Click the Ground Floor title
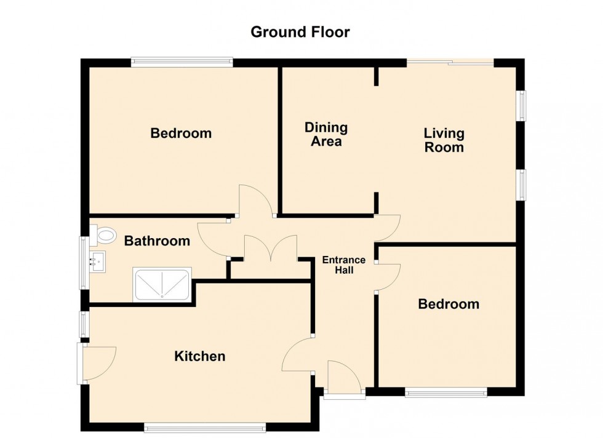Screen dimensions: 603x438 [x=300, y=32]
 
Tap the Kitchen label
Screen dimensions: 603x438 [x=199, y=356]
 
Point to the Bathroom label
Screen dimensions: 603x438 [x=157, y=241]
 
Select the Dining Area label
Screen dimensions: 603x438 [x=326, y=134]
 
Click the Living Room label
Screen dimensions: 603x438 [x=444, y=140]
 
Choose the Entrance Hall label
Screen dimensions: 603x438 [x=344, y=265]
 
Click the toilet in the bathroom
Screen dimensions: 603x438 [x=103, y=234]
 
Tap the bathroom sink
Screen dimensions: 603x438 [x=97, y=262]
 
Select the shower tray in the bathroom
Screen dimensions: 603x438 [x=162, y=284]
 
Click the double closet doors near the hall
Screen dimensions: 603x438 [x=271, y=248]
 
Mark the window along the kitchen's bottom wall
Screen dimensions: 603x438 [x=205, y=427]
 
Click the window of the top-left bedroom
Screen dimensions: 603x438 [x=182, y=62]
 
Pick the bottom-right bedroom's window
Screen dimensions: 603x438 [x=446, y=392]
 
